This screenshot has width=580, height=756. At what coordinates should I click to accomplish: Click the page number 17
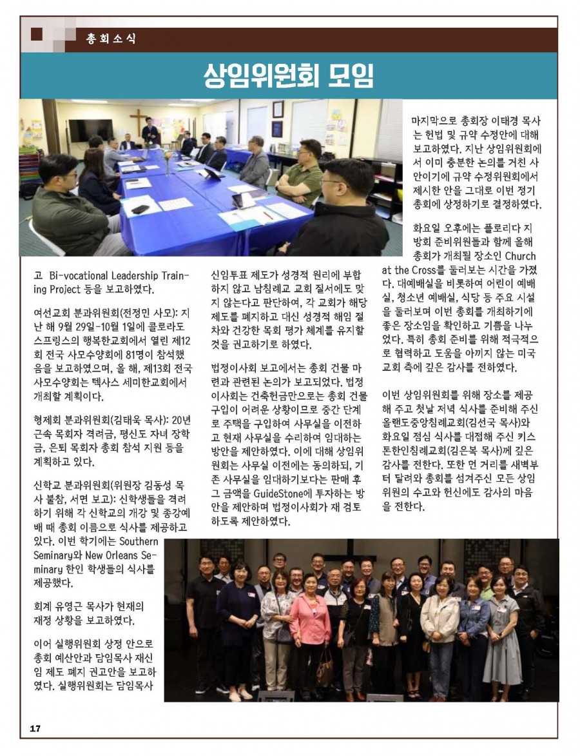pyautogui.click(x=35, y=728)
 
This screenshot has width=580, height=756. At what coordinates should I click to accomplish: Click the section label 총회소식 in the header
pyautogui.click(x=111, y=38)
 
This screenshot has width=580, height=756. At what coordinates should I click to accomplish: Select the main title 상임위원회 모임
pyautogui.click(x=288, y=76)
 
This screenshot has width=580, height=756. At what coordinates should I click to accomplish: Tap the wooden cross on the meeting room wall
pyautogui.click(x=138, y=119)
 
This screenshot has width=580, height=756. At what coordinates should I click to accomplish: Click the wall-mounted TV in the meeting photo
pyautogui.click(x=90, y=130)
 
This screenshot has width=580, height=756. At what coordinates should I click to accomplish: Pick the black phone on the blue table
pyautogui.click(x=140, y=209)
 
